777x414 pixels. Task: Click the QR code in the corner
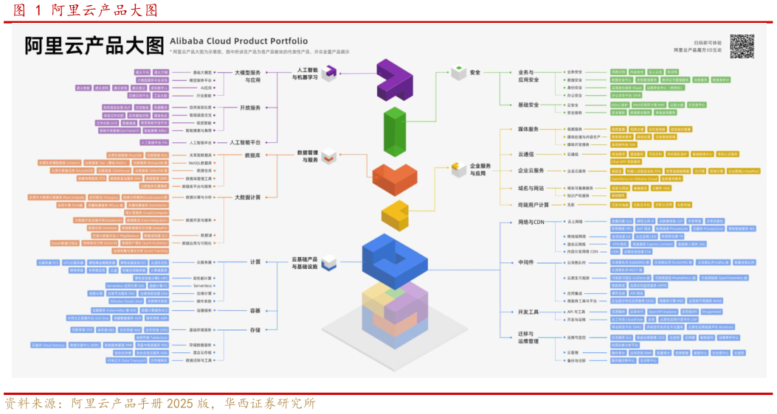[742, 46]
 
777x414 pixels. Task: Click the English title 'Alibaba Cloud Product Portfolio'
[239, 41]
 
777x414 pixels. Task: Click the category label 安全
[474, 73]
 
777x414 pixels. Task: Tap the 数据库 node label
[252, 155]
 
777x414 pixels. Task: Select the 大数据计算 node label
[248, 197]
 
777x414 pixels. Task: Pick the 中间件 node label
[526, 262]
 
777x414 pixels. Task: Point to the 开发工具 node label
[528, 312]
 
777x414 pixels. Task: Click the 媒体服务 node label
[528, 129]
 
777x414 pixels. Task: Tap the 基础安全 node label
[528, 105]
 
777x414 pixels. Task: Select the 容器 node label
[255, 310]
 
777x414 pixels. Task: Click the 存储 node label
[255, 330]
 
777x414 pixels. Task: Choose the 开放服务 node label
[249, 107]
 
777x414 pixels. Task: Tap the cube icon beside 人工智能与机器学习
[329, 71]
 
